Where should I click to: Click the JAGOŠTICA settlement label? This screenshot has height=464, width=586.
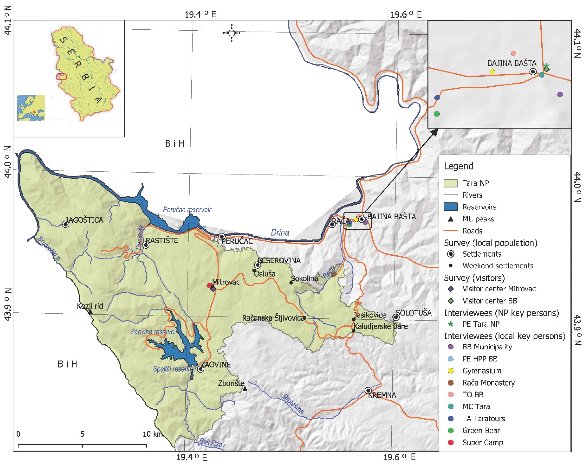[84, 220]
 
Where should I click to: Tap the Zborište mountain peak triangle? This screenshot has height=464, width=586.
[245, 389]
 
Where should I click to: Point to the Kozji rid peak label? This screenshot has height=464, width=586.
[90, 306]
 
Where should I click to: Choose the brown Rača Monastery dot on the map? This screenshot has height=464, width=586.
[333, 274]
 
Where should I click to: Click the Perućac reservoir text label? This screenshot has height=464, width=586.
[187, 210]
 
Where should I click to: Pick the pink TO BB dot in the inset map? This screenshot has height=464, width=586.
[513, 53]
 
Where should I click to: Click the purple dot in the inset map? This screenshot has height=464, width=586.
[560, 94]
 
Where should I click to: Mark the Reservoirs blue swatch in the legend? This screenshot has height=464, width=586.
[450, 207]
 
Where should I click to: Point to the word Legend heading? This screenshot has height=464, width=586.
[458, 166]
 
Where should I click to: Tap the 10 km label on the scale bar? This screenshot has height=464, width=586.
[152, 434]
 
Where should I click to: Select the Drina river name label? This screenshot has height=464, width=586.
[280, 232]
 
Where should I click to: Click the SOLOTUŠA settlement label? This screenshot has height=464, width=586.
[414, 313]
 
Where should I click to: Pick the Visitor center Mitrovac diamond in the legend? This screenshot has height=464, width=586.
[451, 289]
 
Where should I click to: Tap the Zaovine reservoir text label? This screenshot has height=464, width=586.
[154, 332]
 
